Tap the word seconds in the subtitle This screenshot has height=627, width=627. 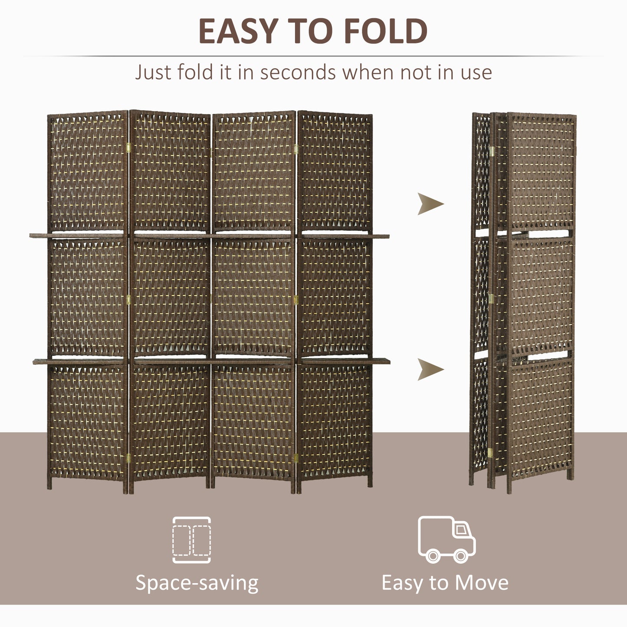(x=298, y=72)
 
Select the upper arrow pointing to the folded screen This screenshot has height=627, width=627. (x=430, y=204)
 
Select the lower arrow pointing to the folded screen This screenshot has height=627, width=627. (x=430, y=369)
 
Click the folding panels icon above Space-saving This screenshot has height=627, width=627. (x=192, y=540)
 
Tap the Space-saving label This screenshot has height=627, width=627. (x=197, y=583)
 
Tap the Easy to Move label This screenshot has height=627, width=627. (x=445, y=583)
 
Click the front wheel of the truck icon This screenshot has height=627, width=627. (x=461, y=555)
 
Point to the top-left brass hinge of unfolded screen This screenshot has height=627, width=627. (x=128, y=148)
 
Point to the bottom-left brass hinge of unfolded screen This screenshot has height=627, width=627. (x=128, y=457)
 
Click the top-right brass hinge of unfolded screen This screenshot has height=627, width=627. (x=296, y=149)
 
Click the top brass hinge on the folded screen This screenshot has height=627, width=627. (x=492, y=151)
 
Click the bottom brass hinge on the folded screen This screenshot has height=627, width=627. (x=490, y=453)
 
